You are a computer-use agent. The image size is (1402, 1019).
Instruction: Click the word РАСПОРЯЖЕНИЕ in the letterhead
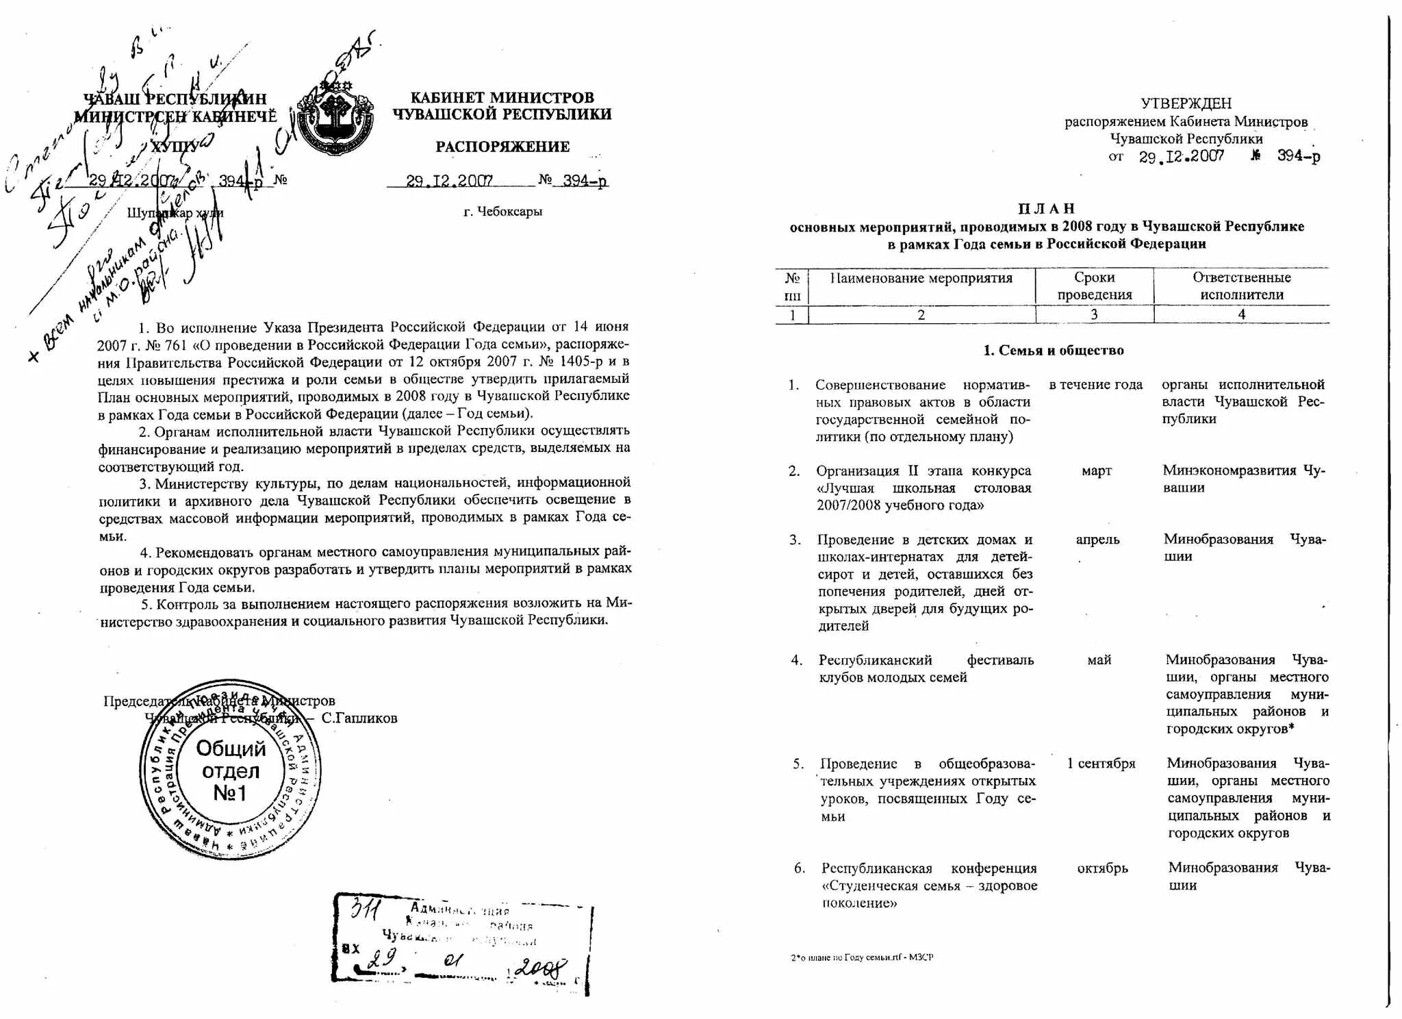click(502, 147)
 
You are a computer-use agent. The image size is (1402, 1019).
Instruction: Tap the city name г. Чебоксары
click(502, 212)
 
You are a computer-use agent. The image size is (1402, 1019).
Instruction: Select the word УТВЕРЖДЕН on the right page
click(1186, 103)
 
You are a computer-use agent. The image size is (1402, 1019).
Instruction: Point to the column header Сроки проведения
click(1094, 286)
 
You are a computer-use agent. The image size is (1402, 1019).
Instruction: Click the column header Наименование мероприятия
click(921, 278)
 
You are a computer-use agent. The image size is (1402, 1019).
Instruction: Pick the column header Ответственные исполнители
click(1241, 286)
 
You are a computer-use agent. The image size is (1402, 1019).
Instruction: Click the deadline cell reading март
click(1096, 471)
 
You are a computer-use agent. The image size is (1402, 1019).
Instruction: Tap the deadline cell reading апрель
click(1097, 540)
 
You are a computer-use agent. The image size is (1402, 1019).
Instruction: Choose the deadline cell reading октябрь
click(1101, 868)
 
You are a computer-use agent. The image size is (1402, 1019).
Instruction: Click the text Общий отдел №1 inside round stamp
click(231, 771)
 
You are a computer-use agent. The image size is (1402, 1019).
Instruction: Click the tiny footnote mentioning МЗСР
click(861, 957)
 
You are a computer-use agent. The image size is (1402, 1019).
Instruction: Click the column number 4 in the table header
click(1241, 315)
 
